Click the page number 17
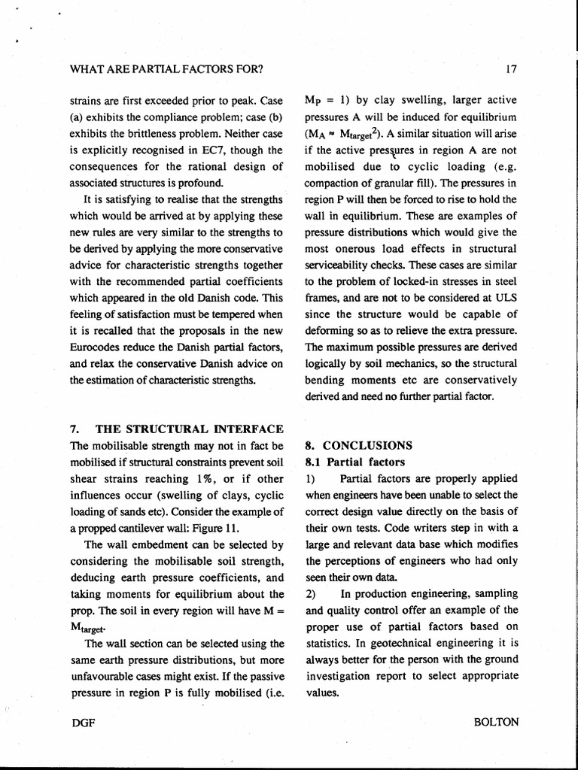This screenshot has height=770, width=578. pyautogui.click(x=512, y=70)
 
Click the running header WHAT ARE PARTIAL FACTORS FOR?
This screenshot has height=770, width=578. pyautogui.click(x=166, y=70)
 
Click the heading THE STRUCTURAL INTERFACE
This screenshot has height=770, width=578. pyautogui.click(x=188, y=429)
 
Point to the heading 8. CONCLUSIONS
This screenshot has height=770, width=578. pyautogui.click(x=358, y=444)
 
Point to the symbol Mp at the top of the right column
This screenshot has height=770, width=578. pyautogui.click(x=313, y=100)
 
